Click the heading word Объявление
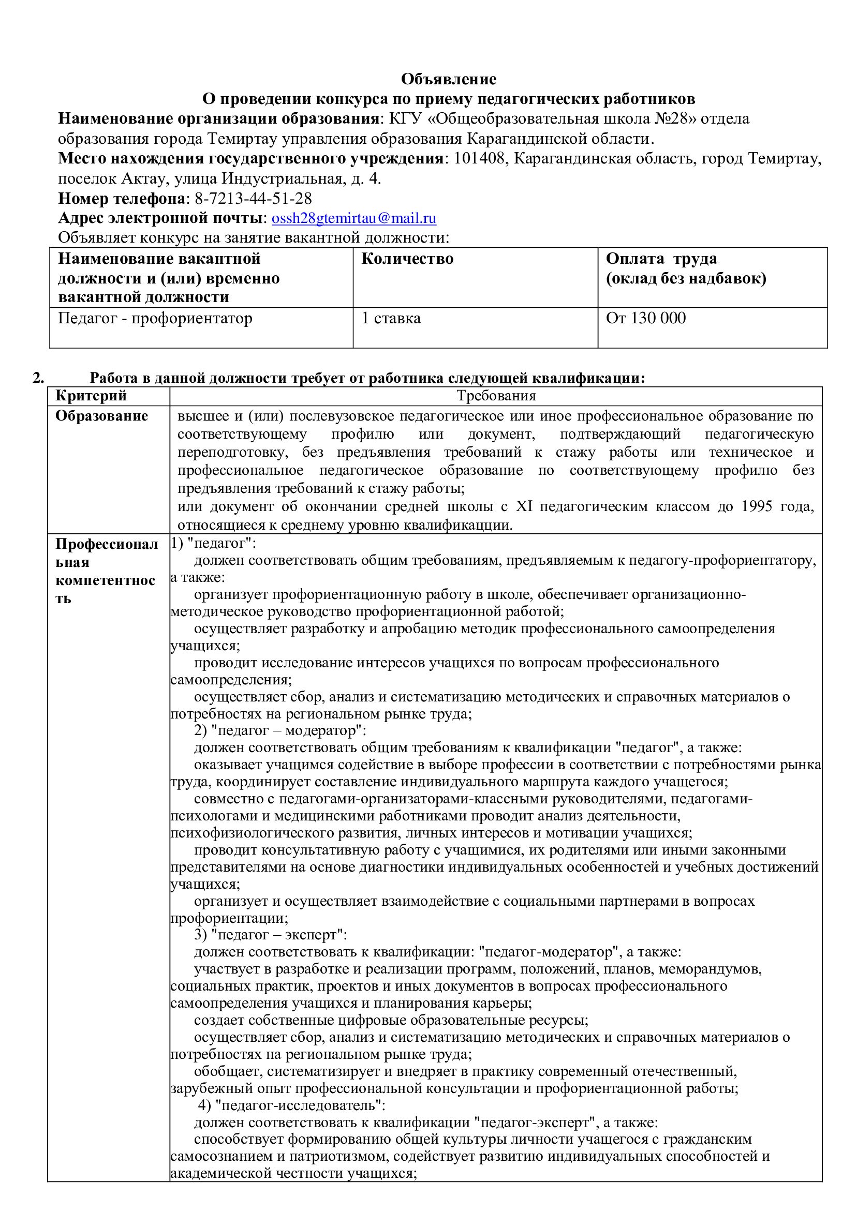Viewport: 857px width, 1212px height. pyautogui.click(x=448, y=79)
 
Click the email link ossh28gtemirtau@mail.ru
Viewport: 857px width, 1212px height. pyautogui.click(x=353, y=218)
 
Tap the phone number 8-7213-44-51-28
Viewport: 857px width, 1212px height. pyautogui.click(x=253, y=199)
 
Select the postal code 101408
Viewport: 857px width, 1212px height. pyautogui.click(x=479, y=158)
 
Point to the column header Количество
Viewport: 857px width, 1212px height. pyautogui.click(x=407, y=259)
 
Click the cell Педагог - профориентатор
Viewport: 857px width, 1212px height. pyautogui.click(x=155, y=318)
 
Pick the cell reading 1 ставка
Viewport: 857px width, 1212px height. pyautogui.click(x=391, y=318)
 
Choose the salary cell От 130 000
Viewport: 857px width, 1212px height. pyautogui.click(x=646, y=318)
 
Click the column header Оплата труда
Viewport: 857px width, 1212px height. pyautogui.click(x=661, y=259)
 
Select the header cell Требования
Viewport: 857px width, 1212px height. pyautogui.click(x=496, y=395)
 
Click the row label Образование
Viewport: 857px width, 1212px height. pyautogui.click(x=101, y=416)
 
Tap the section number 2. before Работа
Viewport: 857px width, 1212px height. pyautogui.click(x=38, y=378)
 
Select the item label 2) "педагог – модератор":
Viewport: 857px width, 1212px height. pyautogui.click(x=280, y=730)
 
